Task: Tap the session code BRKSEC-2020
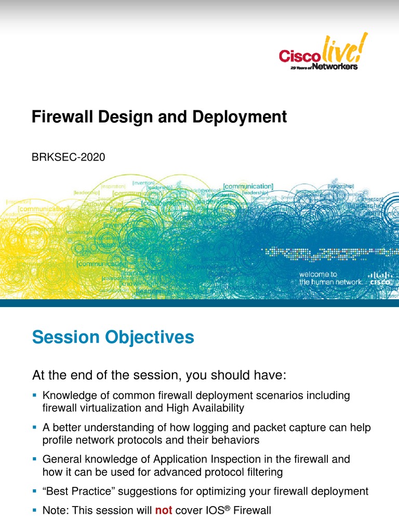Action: (x=69, y=157)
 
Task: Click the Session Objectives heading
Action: (x=113, y=338)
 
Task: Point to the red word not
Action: (x=164, y=511)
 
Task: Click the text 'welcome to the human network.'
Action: (x=330, y=278)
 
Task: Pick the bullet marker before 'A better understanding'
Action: (x=35, y=428)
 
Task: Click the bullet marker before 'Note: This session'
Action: (x=35, y=511)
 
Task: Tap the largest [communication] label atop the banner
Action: (x=248, y=186)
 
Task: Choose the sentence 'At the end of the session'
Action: (x=159, y=375)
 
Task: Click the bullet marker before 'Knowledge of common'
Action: (x=35, y=396)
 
